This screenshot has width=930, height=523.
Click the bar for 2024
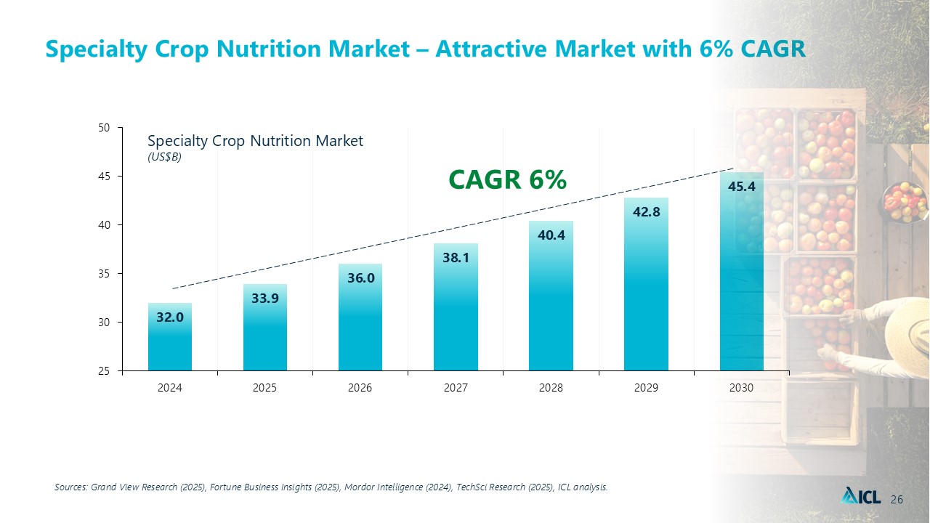170,336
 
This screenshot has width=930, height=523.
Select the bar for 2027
456,307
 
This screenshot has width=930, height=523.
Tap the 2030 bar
742,272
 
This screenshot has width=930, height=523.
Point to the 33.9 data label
265,298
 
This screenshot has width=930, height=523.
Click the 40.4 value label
551,235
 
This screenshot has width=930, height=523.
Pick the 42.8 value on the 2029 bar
646,212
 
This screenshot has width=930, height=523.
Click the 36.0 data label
361,278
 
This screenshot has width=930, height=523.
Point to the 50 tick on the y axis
104,128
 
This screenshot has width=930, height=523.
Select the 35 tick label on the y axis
104,274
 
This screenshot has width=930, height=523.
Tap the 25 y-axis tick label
104,371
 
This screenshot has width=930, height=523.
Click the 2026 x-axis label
360,388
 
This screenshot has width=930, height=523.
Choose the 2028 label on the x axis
551,388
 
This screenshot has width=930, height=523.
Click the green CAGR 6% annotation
507,179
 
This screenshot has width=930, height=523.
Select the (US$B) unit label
164,158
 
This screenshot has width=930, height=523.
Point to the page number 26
897,499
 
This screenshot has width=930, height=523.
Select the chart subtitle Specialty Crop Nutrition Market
255,141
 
